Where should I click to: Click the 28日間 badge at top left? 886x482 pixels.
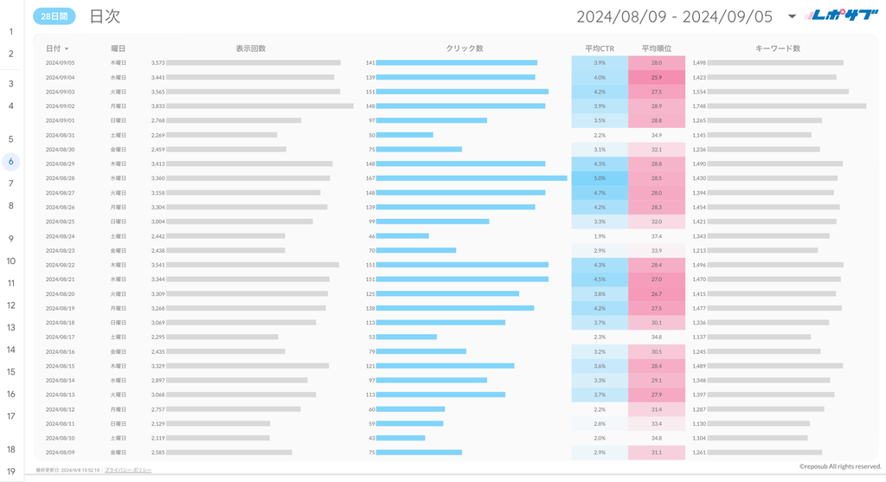click(54, 16)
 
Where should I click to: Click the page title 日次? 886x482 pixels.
click(105, 16)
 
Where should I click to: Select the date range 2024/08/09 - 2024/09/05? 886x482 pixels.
click(674, 16)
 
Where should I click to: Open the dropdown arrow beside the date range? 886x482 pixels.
click(791, 16)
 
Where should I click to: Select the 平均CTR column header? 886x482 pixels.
click(600, 48)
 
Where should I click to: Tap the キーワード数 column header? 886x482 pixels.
click(778, 48)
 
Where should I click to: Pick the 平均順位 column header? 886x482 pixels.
click(657, 48)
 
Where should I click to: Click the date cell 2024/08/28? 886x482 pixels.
click(60, 178)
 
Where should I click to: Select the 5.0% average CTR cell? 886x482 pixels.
click(600, 178)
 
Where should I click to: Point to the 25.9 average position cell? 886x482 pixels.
click(657, 77)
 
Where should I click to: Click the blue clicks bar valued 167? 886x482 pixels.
click(472, 178)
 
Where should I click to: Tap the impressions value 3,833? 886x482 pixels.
click(157, 106)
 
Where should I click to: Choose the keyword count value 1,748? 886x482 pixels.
click(699, 106)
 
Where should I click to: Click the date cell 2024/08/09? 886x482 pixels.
click(60, 453)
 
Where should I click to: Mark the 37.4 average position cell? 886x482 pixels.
click(657, 236)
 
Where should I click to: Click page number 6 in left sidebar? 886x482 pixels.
click(11, 161)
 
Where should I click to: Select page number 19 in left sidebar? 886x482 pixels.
click(11, 472)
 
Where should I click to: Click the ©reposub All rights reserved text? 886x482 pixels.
click(839, 466)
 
